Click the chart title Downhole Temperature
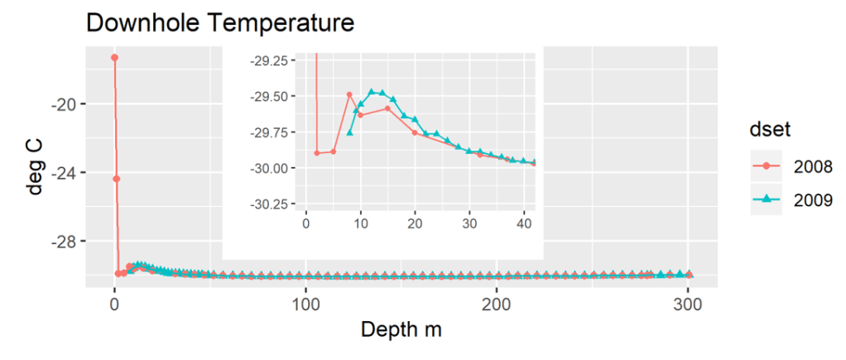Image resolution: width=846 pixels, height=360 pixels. tap(220, 23)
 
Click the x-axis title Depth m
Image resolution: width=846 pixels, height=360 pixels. tap(401, 329)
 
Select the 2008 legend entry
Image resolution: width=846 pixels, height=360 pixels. tap(787, 166)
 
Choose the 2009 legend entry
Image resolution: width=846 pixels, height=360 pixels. tap(787, 199)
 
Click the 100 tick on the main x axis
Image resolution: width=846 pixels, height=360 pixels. tap(305, 304)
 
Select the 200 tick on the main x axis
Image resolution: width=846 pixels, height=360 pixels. tap(497, 304)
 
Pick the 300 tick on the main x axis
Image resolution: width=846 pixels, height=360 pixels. tap(688, 304)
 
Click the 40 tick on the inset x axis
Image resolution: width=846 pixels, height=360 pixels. tap(524, 223)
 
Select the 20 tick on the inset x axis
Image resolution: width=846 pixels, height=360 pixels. tap(415, 223)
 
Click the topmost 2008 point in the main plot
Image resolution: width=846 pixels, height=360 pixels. tap(114, 57)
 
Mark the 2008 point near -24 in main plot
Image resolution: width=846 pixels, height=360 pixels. tap(117, 179)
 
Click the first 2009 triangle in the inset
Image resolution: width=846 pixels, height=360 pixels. tap(349, 132)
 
